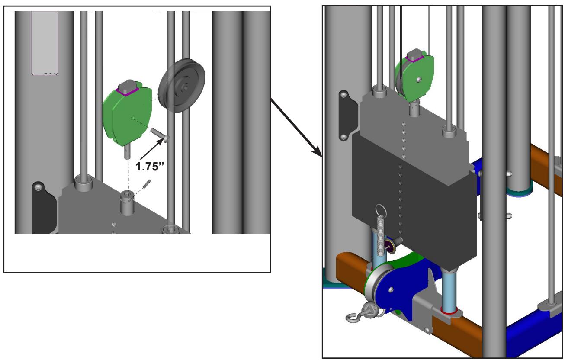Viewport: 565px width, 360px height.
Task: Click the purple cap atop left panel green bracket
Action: pyautogui.click(x=128, y=91)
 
